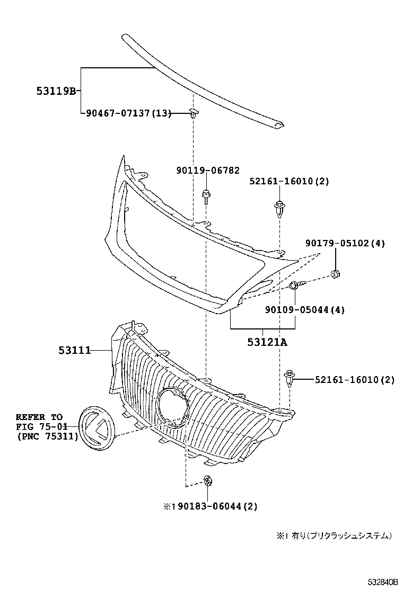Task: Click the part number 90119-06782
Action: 208,171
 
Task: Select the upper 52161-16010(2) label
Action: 289,181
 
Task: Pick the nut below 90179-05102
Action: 335,274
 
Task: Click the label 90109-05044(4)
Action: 304,309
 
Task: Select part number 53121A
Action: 267,342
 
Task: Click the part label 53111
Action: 74,350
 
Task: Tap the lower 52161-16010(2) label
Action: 354,379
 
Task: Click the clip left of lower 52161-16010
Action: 290,378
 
